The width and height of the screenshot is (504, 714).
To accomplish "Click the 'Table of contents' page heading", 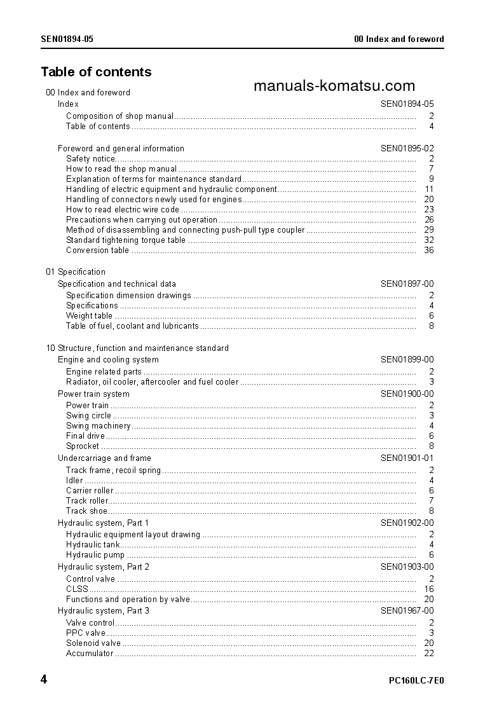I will click(96, 72).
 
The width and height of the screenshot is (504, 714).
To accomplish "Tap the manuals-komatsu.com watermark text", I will click(334, 86).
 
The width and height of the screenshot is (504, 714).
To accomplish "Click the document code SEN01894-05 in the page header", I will click(67, 39).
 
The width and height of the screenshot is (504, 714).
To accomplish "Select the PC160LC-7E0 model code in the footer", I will click(416, 680).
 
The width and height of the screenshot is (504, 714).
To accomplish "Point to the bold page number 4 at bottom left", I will click(44, 680).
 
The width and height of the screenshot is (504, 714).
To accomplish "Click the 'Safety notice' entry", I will click(91, 158).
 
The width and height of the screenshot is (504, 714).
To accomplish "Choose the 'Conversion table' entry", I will click(97, 250).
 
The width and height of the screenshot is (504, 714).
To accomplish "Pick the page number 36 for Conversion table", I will click(429, 250).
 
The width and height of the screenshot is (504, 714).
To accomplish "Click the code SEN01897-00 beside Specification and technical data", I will click(407, 284).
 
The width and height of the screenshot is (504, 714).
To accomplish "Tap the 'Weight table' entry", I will click(89, 315).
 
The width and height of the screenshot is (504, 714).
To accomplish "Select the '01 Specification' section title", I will click(76, 271).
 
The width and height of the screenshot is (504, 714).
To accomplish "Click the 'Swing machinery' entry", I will click(99, 425).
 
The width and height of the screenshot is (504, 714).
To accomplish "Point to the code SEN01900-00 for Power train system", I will click(407, 394).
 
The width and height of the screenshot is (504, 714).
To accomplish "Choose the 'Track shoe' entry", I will click(86, 511).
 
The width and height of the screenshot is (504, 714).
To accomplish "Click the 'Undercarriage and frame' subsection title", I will click(104, 458).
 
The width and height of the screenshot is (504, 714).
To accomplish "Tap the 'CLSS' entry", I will click(77, 589).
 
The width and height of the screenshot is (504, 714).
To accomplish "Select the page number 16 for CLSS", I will click(429, 589).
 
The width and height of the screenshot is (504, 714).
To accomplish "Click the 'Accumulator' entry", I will click(90, 653).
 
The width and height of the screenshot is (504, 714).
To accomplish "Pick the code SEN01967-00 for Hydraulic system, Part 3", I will click(407, 610).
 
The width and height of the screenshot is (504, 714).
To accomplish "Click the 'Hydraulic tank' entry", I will click(93, 544).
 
